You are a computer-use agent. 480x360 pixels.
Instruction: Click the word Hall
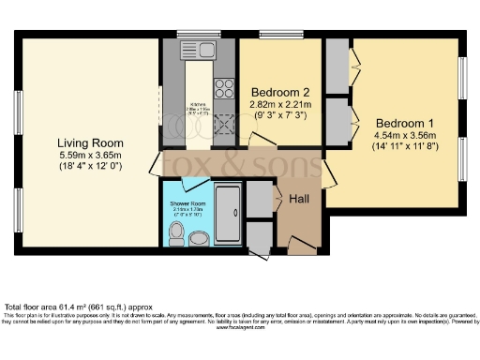click(x=298, y=199)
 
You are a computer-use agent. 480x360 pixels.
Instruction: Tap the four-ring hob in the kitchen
click(x=226, y=88)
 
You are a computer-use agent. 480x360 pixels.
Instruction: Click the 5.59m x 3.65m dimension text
click(x=89, y=155)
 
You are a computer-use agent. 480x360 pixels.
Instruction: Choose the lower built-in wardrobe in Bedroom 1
click(x=336, y=121)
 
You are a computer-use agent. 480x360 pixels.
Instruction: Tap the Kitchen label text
click(x=198, y=103)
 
